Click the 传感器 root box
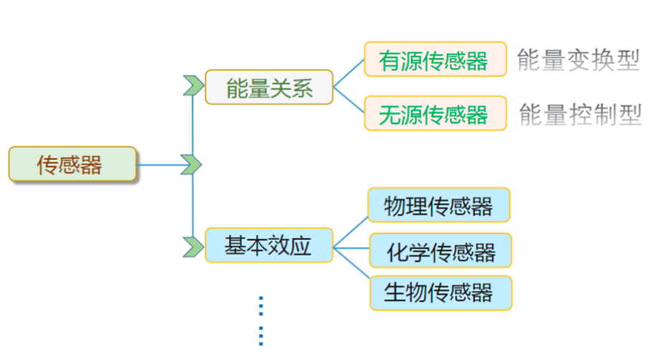(x=72, y=165)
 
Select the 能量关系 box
(x=269, y=87)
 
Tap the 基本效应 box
(x=269, y=245)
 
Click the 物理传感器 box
(x=438, y=206)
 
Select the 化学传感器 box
(x=440, y=252)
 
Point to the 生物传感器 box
(x=440, y=293)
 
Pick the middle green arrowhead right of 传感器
(x=191, y=164)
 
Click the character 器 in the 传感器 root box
(x=91, y=165)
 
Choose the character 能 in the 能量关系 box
(x=236, y=88)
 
